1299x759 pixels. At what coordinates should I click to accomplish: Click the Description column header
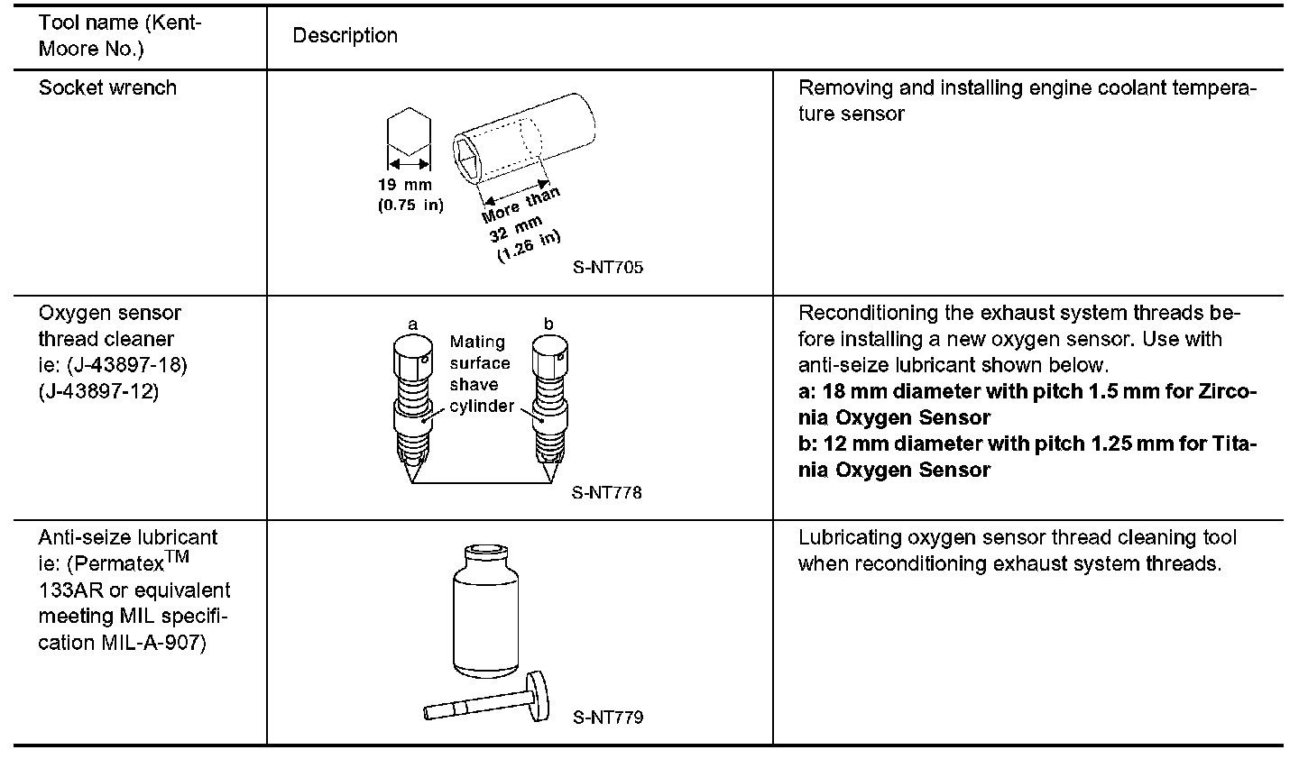click(345, 36)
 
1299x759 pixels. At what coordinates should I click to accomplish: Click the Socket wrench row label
click(107, 88)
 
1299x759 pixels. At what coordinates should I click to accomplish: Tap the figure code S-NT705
click(607, 268)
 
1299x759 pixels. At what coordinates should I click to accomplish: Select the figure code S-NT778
click(607, 493)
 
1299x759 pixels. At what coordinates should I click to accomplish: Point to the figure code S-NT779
click(607, 718)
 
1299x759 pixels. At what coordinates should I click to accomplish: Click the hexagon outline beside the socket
click(410, 133)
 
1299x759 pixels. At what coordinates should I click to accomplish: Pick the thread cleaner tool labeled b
click(548, 397)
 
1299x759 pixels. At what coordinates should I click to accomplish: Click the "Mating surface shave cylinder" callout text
click(481, 374)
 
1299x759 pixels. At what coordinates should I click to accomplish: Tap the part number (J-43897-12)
click(98, 392)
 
